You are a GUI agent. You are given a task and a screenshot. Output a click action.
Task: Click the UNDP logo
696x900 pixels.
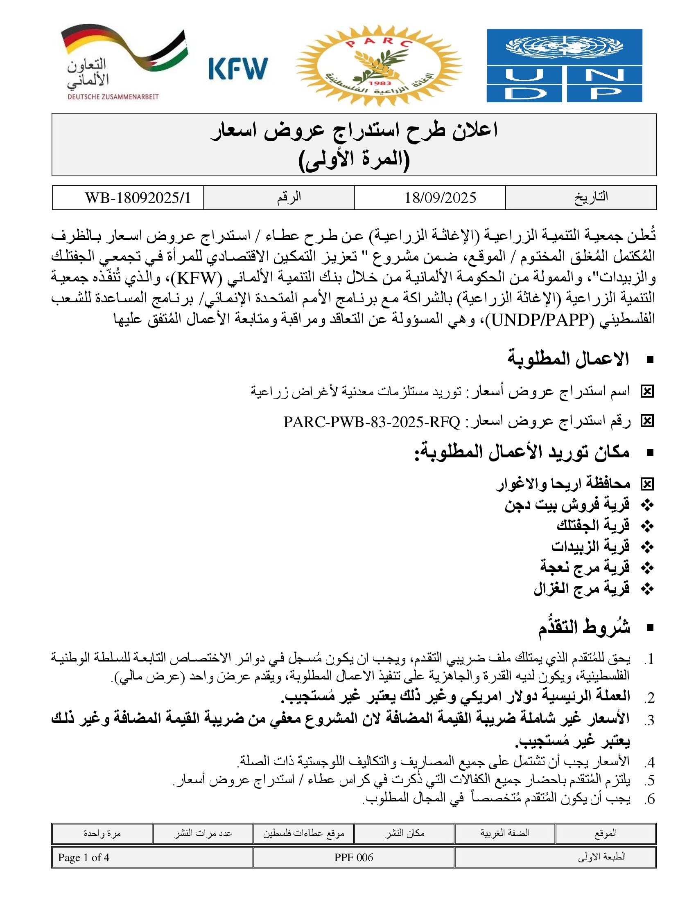565,65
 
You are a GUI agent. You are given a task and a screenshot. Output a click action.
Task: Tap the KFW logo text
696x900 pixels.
238,68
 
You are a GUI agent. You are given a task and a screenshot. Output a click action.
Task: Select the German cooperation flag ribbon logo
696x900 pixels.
124,62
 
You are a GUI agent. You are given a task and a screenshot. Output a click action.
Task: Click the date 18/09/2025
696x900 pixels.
440,198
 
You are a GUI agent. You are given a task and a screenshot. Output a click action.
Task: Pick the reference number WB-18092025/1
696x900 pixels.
138,198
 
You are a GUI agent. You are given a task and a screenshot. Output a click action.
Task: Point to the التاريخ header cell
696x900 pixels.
591,198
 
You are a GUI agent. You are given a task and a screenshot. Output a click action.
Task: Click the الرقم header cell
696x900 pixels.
289,198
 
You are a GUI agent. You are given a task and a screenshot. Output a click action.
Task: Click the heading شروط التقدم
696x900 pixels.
584,628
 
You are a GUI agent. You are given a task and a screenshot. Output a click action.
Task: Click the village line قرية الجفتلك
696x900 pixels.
593,526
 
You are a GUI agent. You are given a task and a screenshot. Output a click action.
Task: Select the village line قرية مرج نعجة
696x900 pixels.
585,567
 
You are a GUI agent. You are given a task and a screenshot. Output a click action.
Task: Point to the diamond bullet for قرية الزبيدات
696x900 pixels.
648,547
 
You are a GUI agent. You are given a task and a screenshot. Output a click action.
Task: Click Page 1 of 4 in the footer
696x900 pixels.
84,857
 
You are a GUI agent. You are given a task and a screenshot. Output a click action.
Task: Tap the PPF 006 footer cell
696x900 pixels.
353,857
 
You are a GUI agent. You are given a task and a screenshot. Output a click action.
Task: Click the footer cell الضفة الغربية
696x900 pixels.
504,833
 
